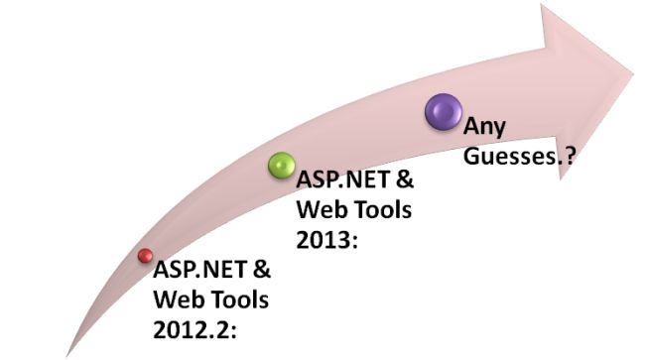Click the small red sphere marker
145,257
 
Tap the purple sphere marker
443,109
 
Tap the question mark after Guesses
572,157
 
